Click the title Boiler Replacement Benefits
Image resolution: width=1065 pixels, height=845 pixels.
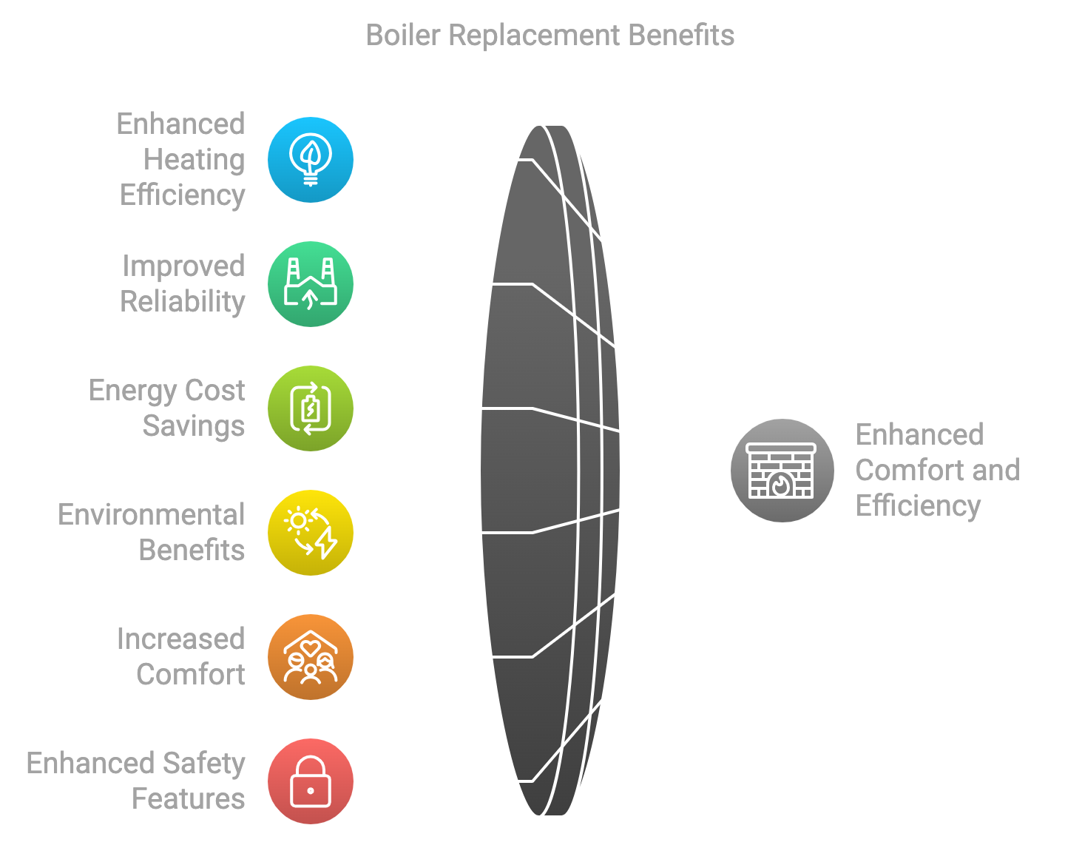[x=550, y=36]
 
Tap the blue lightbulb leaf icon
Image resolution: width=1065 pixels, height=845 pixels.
[x=311, y=160]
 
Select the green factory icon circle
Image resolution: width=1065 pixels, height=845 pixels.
[x=311, y=284]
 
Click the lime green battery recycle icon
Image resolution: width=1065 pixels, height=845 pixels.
[x=311, y=408]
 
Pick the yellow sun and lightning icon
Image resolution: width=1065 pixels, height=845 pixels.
[x=311, y=533]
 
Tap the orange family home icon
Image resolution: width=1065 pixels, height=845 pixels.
[x=311, y=657]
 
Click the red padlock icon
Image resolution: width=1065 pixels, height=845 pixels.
[x=311, y=781]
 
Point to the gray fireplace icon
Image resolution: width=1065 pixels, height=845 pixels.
[x=782, y=470]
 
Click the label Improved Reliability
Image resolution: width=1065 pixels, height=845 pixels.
[x=183, y=284]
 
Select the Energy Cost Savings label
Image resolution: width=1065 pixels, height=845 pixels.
[x=167, y=408]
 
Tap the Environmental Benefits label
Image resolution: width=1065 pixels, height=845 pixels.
[x=152, y=533]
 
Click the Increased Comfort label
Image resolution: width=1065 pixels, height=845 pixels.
[x=181, y=657]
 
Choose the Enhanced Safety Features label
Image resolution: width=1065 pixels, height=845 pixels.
[x=135, y=781]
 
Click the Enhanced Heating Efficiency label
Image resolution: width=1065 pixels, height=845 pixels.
[x=181, y=160]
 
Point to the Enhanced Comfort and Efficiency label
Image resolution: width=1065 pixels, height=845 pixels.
[x=938, y=470]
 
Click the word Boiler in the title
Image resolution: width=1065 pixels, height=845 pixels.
[x=403, y=36]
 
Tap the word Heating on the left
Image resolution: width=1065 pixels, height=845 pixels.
[x=195, y=160]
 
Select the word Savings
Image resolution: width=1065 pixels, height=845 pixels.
[x=194, y=426]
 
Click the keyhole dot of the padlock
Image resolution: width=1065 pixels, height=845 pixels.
[x=311, y=790]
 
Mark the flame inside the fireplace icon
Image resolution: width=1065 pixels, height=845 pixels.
[x=781, y=484]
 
